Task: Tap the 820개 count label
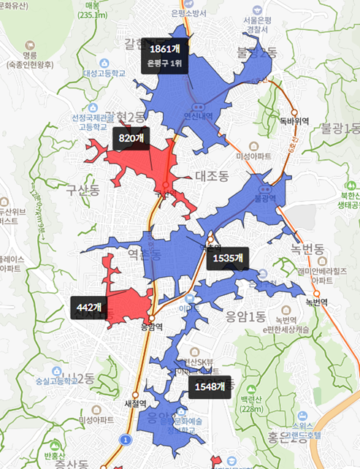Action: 129,137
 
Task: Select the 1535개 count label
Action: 228,258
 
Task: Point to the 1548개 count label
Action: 210,386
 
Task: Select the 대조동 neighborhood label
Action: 212,175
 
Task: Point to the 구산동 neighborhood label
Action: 82,191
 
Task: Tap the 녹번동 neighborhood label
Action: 307,250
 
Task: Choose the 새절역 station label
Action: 136,403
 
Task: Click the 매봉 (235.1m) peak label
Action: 92,9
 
